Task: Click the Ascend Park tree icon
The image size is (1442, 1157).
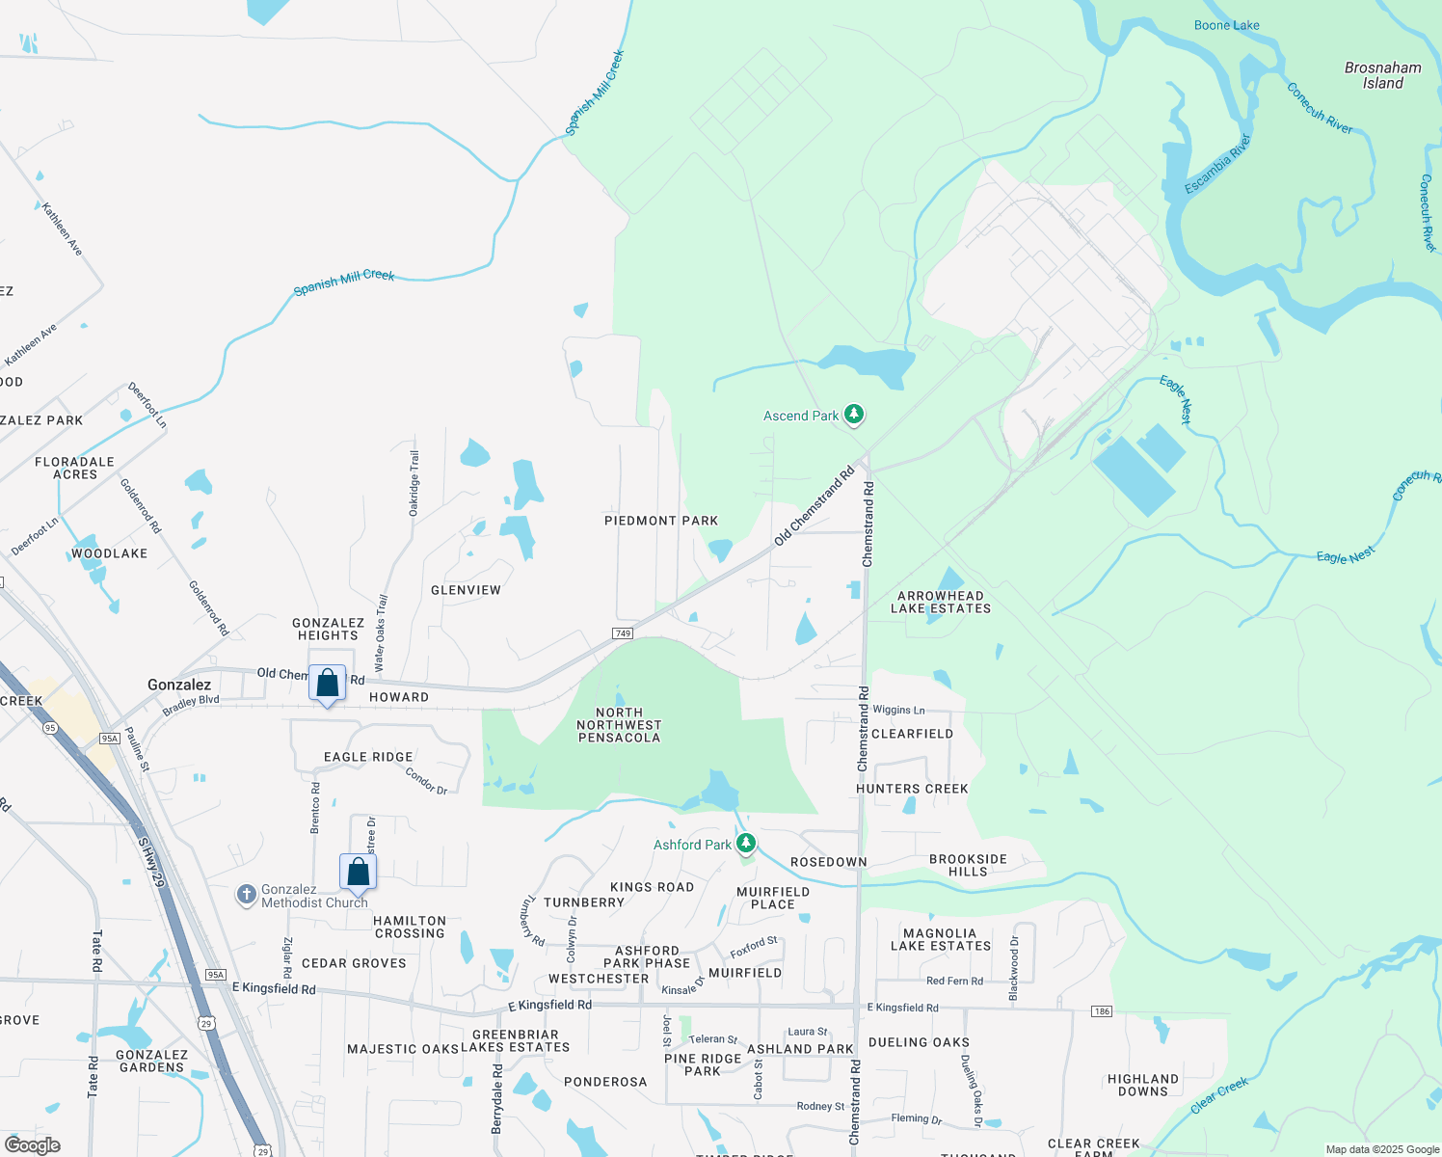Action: [853, 415]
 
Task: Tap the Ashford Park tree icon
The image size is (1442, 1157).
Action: [745, 844]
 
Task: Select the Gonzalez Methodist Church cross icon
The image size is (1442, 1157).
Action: [246, 895]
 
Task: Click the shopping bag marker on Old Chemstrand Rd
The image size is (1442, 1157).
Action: [327, 684]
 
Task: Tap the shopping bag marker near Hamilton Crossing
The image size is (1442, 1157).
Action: [358, 873]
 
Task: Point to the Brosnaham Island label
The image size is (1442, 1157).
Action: [1382, 75]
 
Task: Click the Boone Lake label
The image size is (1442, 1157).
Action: [1226, 25]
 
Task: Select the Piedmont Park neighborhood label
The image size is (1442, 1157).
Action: [661, 521]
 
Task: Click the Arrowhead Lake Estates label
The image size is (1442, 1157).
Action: [941, 603]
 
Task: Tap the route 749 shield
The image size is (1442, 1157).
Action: [622, 633]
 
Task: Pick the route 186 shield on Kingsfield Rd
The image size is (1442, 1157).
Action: [1102, 1011]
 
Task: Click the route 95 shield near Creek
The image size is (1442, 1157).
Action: [50, 727]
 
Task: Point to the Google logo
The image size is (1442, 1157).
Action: [33, 1144]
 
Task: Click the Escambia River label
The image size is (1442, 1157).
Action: [1217, 164]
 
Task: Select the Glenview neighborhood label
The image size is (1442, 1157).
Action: [466, 590]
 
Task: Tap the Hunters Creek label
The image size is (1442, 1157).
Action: [912, 789]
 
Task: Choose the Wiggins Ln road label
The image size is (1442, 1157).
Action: [898, 711]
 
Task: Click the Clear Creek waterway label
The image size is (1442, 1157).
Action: [1219, 1096]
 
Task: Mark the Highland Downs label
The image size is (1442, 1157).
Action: [1143, 1085]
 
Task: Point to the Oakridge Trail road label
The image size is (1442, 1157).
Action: [414, 482]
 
